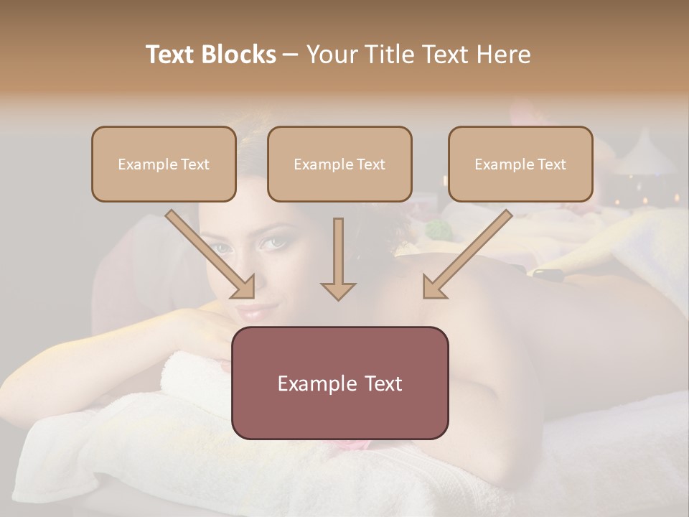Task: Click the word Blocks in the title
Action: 240,55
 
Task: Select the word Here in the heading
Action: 505,55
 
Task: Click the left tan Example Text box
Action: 164,164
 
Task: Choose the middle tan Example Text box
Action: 339,164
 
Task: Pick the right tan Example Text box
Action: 520,164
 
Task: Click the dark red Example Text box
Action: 339,383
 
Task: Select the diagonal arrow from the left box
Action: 210,254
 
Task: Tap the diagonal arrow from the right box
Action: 467,254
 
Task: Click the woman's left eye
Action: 273,244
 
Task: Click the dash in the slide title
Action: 291,55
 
